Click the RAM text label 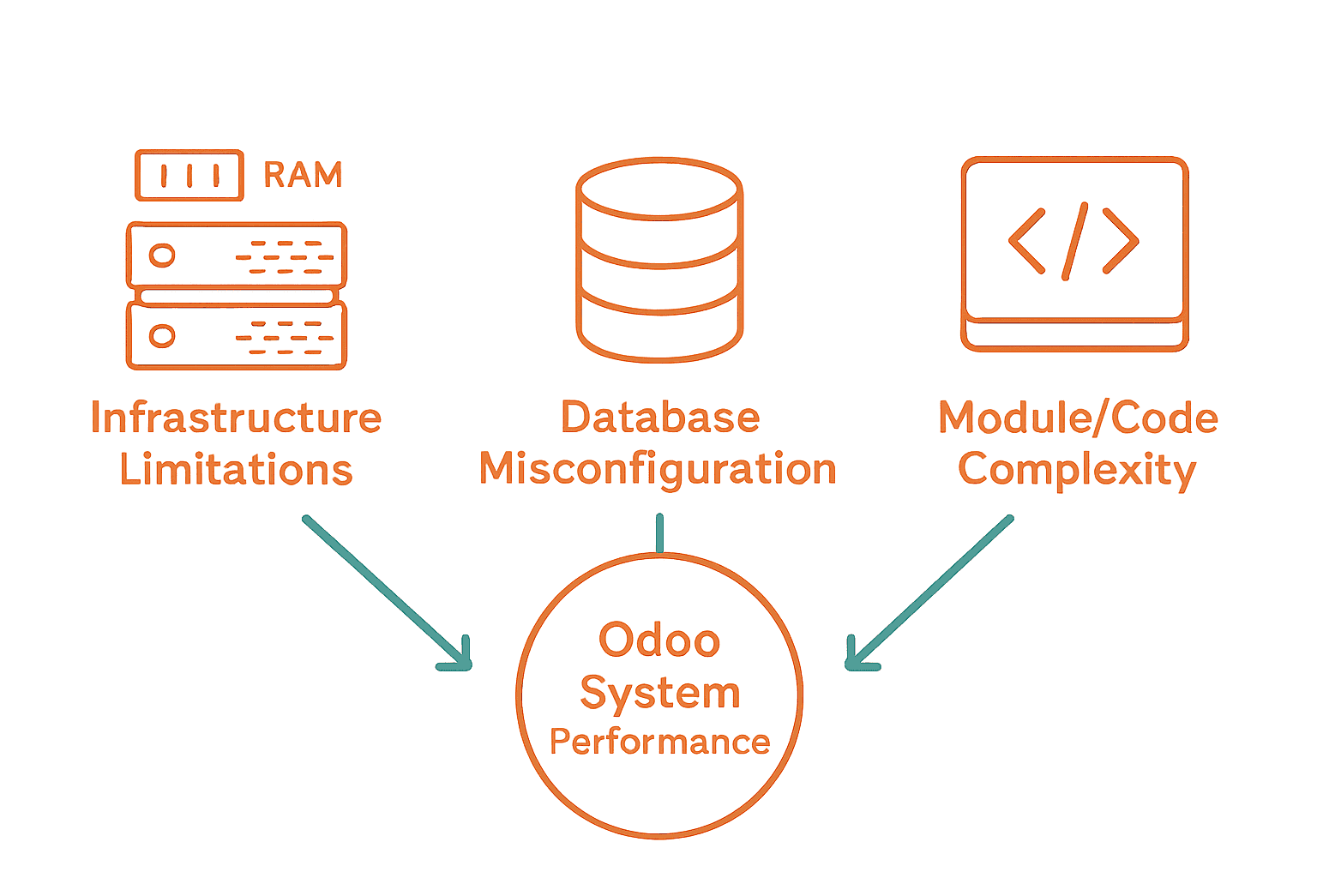pos(303,175)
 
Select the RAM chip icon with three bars pos(189,176)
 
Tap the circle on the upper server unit pos(162,255)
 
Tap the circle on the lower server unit pos(162,335)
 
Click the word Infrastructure pos(236,418)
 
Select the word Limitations pos(236,470)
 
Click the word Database pos(660,418)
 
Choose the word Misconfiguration pos(658,470)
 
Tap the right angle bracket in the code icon pos(1121,241)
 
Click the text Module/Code pos(1078,418)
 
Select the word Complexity pos(1077,471)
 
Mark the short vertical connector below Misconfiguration pos(659,533)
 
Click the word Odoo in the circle pos(659,640)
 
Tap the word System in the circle pos(659,693)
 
